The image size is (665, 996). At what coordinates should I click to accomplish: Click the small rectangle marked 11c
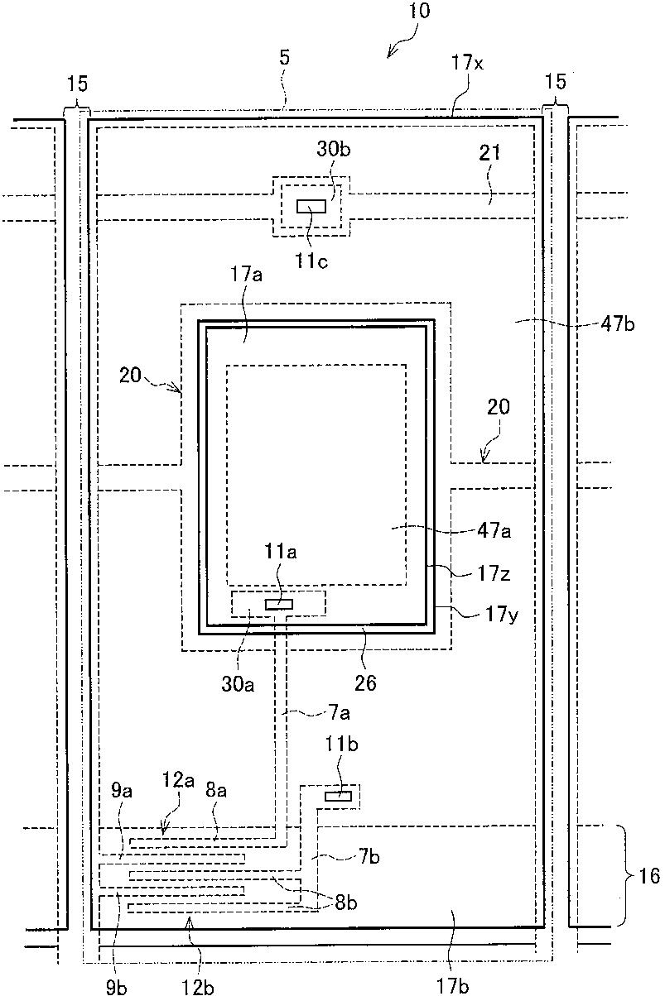312,206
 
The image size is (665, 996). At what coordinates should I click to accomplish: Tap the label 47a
494,532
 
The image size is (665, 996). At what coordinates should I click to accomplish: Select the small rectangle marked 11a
278,604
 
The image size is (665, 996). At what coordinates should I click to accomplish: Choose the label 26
365,682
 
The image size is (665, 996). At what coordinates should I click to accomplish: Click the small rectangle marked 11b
338,796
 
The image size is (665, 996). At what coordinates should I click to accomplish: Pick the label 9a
121,792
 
